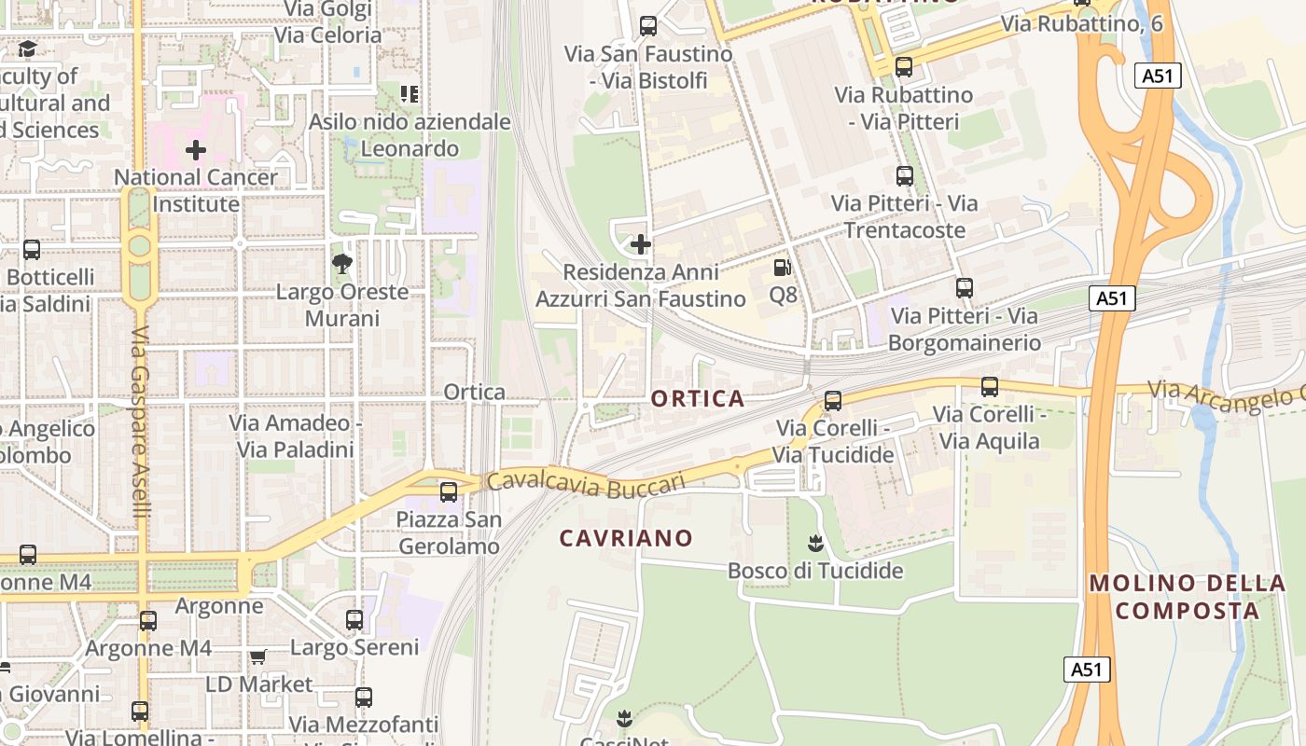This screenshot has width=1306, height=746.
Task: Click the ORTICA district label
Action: coord(698,399)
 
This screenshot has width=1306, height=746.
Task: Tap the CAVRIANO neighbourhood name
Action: coord(626,538)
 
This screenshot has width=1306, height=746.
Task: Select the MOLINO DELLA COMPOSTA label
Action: coord(1187,597)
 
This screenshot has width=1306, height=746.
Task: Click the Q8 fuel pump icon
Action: coord(782,268)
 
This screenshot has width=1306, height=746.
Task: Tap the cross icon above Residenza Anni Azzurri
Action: coord(641,244)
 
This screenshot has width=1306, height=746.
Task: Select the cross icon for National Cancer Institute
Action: coord(196,149)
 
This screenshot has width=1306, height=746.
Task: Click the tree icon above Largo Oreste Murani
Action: coord(342,264)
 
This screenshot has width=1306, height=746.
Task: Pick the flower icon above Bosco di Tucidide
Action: coord(816,543)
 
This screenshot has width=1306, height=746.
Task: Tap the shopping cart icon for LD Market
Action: coord(257,657)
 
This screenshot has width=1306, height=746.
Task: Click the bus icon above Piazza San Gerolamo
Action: coord(449,491)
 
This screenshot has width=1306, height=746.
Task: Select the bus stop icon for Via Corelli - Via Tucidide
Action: coord(833,401)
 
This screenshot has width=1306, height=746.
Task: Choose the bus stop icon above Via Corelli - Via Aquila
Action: coord(990,386)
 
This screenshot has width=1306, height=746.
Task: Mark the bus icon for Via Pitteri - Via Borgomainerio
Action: coord(965,288)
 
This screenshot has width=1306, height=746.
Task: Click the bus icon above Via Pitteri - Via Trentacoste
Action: coord(904,175)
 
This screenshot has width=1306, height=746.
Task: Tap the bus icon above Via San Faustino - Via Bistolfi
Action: coord(648,26)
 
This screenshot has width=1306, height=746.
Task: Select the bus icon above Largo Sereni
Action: coord(354,619)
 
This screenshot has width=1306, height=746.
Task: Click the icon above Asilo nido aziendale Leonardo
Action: coord(409,93)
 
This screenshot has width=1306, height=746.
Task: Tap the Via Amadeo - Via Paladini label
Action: coord(296,436)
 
